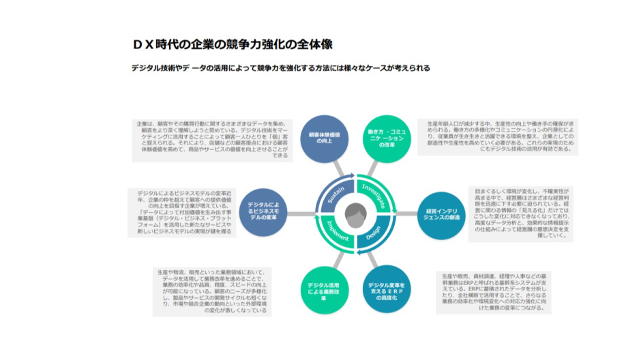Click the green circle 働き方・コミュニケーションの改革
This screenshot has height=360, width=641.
(387, 138)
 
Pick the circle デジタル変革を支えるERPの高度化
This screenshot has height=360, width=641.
(387, 289)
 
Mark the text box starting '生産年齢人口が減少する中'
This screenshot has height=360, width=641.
(498, 136)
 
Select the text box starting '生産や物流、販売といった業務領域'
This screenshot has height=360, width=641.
(211, 291)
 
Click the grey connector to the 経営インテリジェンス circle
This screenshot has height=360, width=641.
(406, 214)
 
